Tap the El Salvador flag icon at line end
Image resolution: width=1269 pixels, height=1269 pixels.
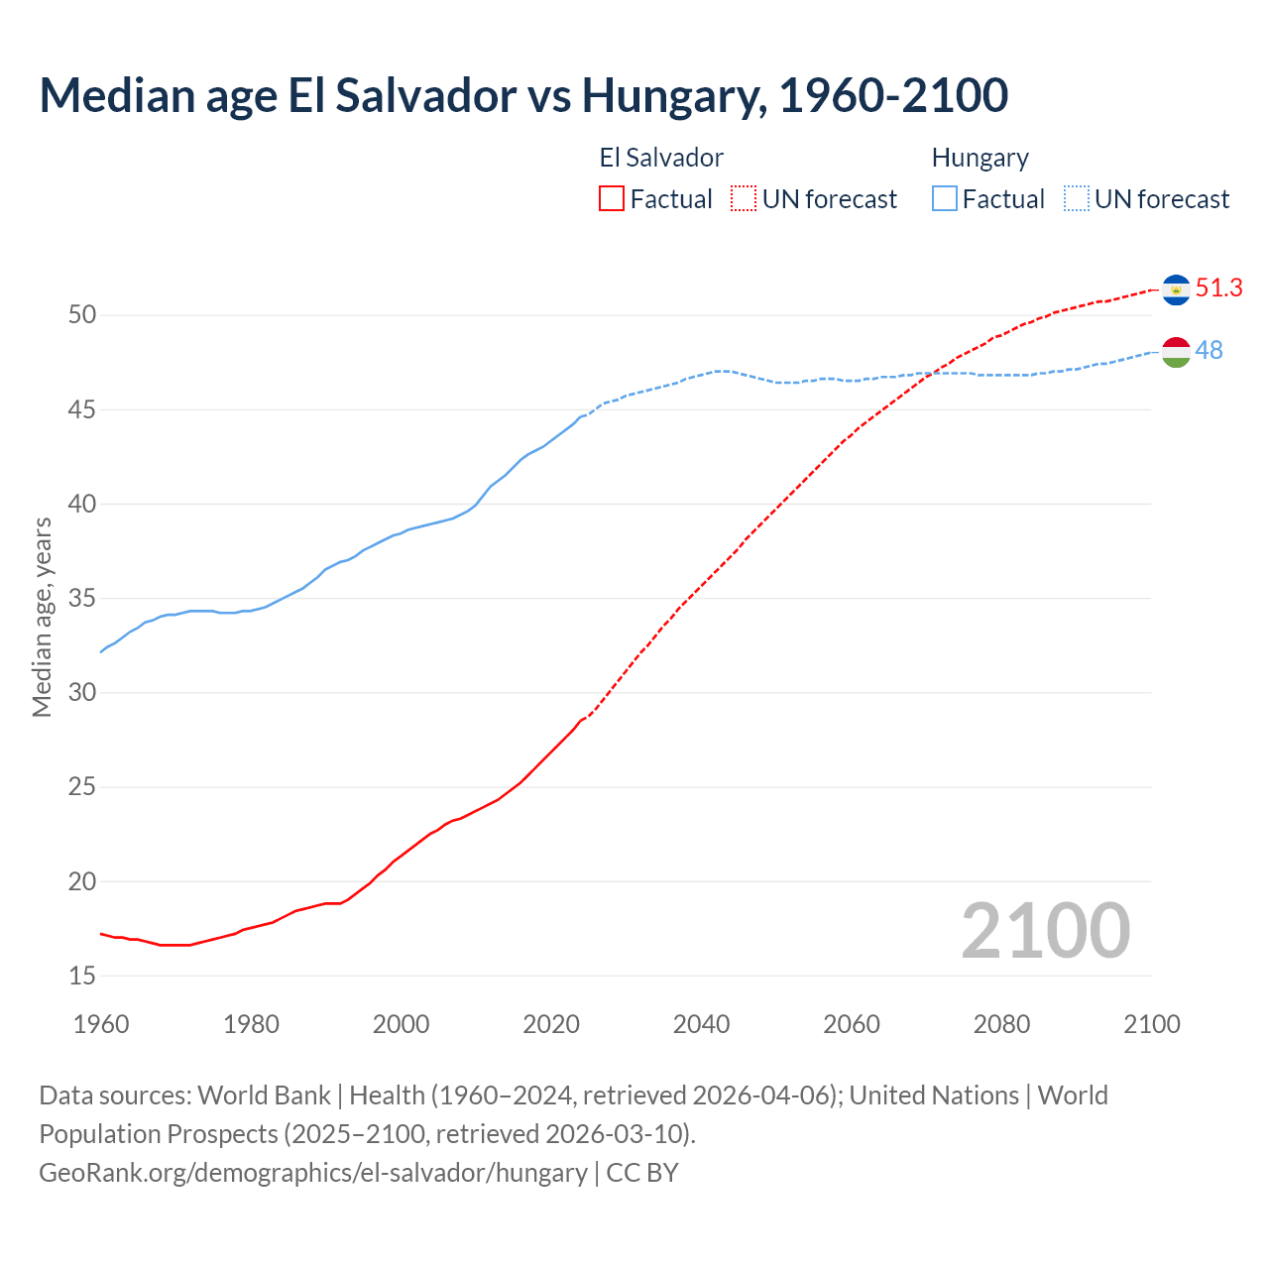[x=1176, y=288]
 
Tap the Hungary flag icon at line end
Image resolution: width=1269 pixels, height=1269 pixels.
[x=1176, y=351]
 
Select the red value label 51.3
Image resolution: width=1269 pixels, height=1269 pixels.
[x=1218, y=288]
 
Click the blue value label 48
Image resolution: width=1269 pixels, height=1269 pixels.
[x=1209, y=350]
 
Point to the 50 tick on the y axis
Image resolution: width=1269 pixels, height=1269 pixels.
[x=82, y=315]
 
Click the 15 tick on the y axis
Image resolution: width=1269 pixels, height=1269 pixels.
[x=82, y=976]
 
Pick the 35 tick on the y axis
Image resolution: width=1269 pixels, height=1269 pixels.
[x=82, y=598]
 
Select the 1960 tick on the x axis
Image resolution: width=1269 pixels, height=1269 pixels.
[x=101, y=1024]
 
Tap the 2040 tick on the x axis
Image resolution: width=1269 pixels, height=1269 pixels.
[x=701, y=1024]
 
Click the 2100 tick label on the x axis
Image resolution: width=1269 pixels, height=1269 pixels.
[x=1151, y=1024]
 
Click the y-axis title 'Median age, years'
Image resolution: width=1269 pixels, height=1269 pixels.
[x=42, y=617]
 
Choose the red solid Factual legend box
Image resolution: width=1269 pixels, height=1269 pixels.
[x=612, y=198]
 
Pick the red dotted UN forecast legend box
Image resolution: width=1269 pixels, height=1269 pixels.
[x=744, y=198]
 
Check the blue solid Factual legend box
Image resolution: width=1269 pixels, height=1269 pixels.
[x=945, y=198]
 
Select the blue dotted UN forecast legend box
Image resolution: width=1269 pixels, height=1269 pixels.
[x=1076, y=198]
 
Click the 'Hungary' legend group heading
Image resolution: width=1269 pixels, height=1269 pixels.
[x=980, y=158]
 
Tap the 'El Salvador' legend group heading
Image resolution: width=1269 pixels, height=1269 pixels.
[x=661, y=158]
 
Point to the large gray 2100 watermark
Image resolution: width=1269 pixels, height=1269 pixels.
[x=1045, y=930]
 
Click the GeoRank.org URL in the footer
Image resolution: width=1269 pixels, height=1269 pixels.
[x=313, y=1172]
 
